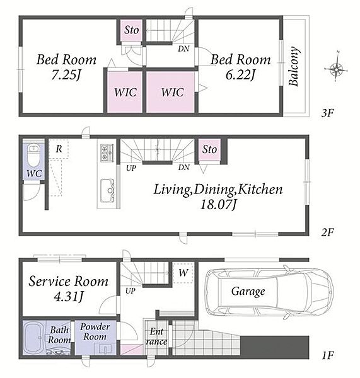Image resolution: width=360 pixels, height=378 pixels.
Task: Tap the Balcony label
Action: (x=294, y=66)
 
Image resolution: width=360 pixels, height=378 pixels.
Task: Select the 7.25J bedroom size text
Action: (x=66, y=75)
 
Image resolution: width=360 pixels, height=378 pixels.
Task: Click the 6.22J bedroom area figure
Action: (x=240, y=75)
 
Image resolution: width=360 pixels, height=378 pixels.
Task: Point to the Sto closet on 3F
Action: (x=132, y=30)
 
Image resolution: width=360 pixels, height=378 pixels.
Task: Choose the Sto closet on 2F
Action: (x=209, y=149)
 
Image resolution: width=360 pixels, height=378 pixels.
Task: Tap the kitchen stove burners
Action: (x=107, y=153)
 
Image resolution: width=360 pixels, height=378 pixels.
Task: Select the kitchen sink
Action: (x=107, y=190)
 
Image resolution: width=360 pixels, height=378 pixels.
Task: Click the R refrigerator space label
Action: (x=59, y=149)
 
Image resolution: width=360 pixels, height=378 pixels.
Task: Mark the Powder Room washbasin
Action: (x=105, y=348)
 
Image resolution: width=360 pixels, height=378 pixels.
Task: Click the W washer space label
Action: (x=183, y=273)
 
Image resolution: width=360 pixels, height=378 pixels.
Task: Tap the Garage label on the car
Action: (x=248, y=292)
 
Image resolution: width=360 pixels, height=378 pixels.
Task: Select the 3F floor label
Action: (x=327, y=113)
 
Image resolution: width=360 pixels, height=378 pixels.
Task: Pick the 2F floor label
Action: (x=327, y=232)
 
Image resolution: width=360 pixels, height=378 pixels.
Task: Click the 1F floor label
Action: (x=328, y=355)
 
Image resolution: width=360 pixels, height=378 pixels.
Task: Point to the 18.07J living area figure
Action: (x=218, y=205)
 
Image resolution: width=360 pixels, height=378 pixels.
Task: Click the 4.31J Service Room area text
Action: (x=69, y=297)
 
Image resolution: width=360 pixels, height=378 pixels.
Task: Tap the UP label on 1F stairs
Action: (x=131, y=290)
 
